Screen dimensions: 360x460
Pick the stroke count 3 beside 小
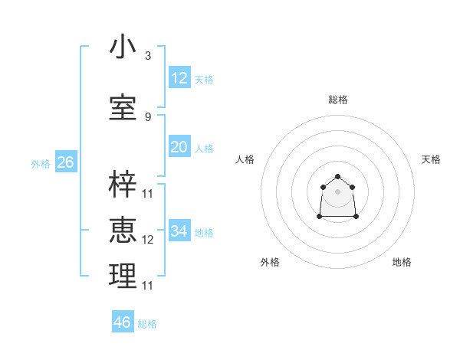148,56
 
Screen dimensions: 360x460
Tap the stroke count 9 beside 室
148,117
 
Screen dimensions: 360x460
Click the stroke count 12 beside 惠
148,240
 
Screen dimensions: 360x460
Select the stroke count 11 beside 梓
148,193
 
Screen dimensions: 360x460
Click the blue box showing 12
179,78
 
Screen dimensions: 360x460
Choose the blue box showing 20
179,147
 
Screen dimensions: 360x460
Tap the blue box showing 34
179,231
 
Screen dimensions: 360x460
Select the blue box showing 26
65,162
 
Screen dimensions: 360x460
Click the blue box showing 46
122,322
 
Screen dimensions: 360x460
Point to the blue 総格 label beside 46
148,324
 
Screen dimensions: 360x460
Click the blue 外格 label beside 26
41,164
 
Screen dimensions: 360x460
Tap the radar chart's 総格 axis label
337,100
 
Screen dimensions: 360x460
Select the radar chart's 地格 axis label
402,262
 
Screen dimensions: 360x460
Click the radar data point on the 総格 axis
337,177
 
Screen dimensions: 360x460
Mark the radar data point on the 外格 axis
320,217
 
